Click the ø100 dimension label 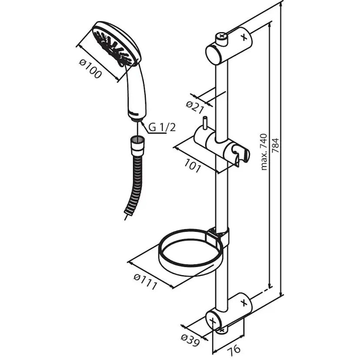(x=90, y=68)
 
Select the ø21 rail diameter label (x=195, y=107)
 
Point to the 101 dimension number (x=193, y=166)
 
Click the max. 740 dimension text (x=264, y=152)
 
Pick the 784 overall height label (x=275, y=145)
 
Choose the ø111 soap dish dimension (x=146, y=282)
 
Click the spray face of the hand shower (x=112, y=46)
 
